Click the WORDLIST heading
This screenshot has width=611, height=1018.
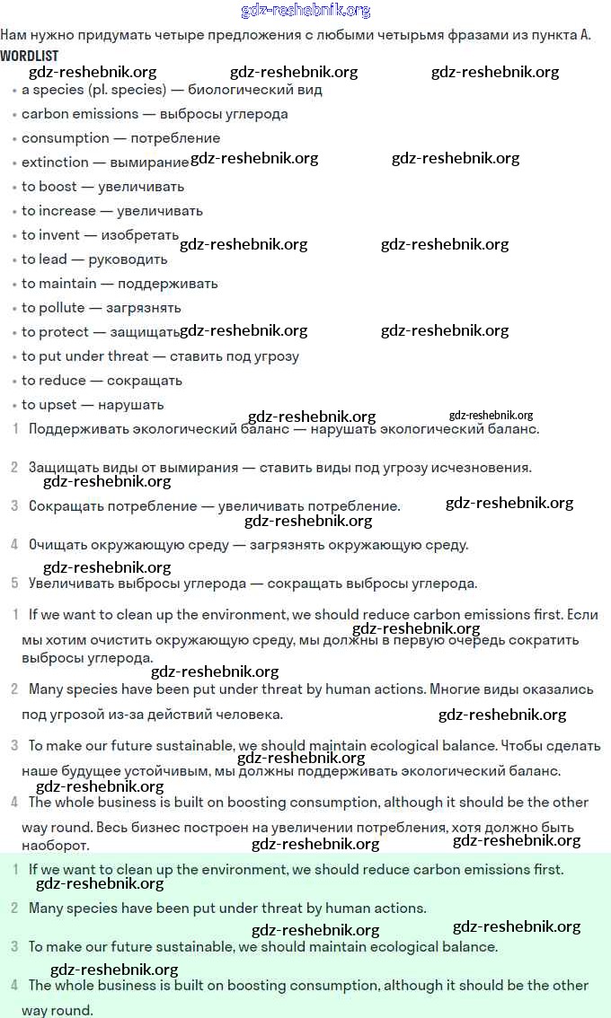29,56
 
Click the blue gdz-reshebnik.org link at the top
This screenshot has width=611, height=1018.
305,11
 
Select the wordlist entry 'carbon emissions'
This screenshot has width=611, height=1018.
80,114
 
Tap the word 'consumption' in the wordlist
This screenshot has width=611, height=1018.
66,138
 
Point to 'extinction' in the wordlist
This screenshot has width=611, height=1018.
55,162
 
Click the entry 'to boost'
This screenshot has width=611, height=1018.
49,187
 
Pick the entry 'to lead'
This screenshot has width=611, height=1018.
44,259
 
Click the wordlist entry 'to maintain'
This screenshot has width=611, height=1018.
58,284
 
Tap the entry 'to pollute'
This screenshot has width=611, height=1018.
52,308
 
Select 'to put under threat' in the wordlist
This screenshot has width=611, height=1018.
85,356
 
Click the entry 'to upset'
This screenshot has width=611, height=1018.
49,405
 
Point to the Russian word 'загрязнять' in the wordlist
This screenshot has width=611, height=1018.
144,308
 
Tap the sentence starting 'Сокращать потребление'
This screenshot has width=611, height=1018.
214,506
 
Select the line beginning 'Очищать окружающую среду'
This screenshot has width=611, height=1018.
248,545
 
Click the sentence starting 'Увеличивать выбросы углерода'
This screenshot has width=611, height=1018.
252,584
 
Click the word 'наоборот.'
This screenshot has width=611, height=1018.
56,846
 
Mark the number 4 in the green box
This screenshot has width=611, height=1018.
14,985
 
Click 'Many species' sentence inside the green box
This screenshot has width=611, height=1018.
227,908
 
